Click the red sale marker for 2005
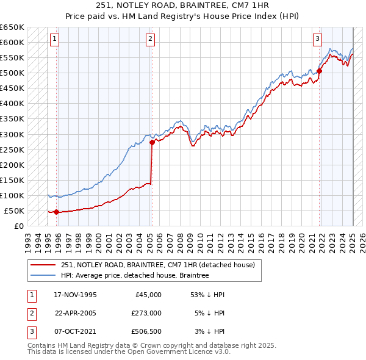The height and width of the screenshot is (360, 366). pos(152,143)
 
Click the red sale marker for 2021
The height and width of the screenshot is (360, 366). pos(319,71)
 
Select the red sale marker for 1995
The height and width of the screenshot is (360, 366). pos(56,212)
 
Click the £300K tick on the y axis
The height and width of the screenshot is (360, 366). pos(12,134)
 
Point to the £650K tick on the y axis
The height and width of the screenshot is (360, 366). pos(12,27)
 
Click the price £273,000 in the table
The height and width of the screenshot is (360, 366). pos(146,313)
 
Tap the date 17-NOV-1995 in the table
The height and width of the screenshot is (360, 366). pos(75,295)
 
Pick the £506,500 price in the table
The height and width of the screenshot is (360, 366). pos(146,331)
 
